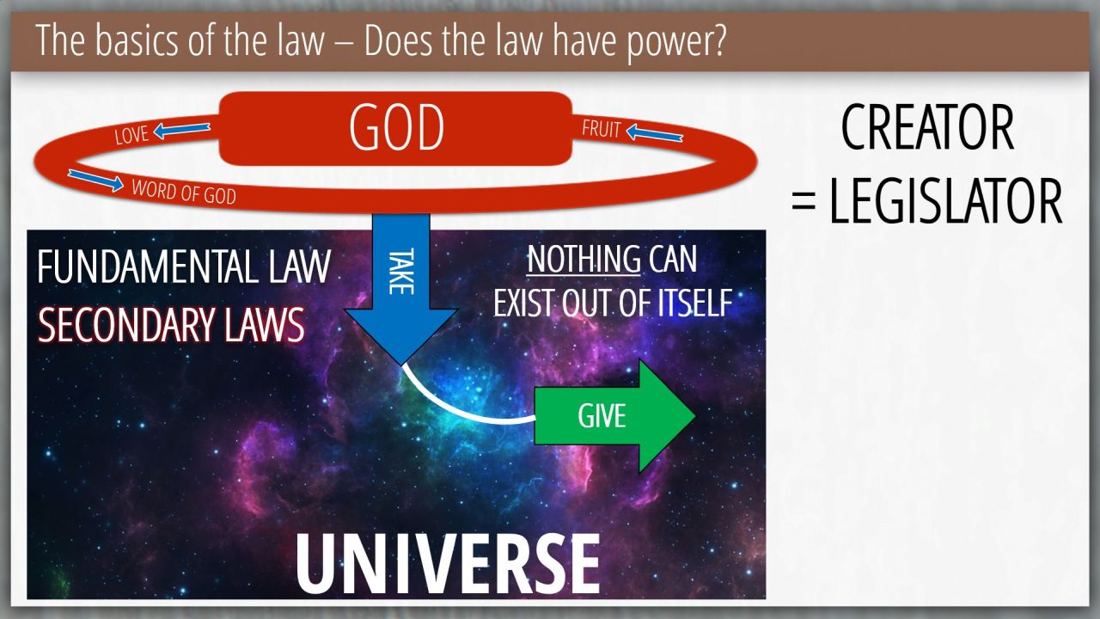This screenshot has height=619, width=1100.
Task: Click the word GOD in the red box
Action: [x=397, y=127]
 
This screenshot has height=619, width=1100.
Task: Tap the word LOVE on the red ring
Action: [x=131, y=135]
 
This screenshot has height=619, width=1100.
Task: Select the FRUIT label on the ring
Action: [x=601, y=128]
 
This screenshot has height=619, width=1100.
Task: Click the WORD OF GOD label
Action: [x=184, y=192]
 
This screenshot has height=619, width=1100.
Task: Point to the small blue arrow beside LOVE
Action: [x=181, y=130]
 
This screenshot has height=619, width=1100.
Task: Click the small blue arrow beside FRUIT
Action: [x=655, y=133]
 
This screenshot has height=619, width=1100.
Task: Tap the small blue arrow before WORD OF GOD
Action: [x=95, y=180]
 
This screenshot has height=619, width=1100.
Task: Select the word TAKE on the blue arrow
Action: [x=401, y=272]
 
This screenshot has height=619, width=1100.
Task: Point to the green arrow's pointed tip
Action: [x=695, y=415]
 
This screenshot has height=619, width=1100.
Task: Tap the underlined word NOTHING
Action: [x=584, y=259]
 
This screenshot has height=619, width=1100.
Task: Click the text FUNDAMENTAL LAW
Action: [x=184, y=267]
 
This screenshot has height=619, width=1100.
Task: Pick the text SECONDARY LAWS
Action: [x=171, y=325]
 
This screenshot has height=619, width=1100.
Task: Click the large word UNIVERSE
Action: [x=448, y=564]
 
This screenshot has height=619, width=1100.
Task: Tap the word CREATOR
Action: [x=927, y=128]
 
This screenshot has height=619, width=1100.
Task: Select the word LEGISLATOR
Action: [x=946, y=201]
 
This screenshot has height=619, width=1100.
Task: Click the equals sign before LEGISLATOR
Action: [x=804, y=202]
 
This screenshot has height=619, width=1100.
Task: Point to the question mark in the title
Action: [x=717, y=40]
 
